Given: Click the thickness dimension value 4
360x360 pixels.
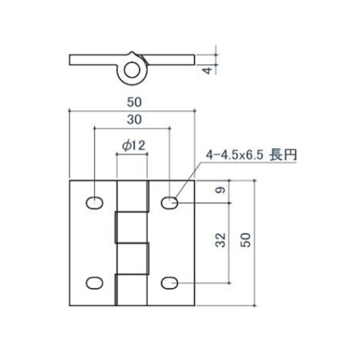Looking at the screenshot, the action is (x=208, y=70).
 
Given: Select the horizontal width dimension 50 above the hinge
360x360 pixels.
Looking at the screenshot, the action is (x=135, y=102).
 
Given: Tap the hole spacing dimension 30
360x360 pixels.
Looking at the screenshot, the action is (x=135, y=120).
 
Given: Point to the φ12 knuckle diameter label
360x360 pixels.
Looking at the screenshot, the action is (x=134, y=145).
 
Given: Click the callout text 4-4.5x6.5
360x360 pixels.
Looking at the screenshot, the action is (x=236, y=155).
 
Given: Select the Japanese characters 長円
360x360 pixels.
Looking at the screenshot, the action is (x=283, y=155).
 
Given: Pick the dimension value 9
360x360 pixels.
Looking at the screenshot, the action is (x=221, y=190).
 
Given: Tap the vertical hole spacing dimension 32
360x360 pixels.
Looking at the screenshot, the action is (x=220, y=240).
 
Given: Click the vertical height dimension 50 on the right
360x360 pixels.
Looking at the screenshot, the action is (x=246, y=240).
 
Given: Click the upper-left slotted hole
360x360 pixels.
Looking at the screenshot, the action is (x=94, y=203).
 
